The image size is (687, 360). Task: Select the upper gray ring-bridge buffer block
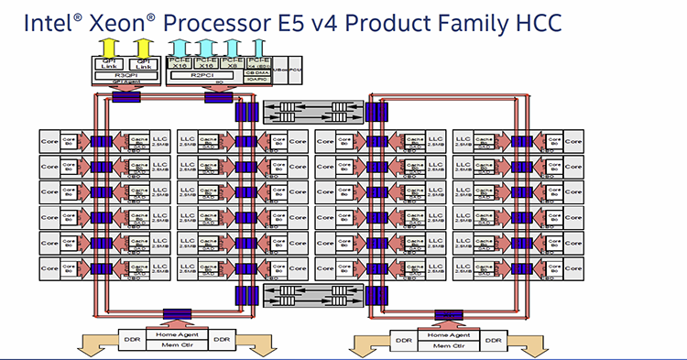(309, 112)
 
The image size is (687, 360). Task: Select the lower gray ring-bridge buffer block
(309, 295)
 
